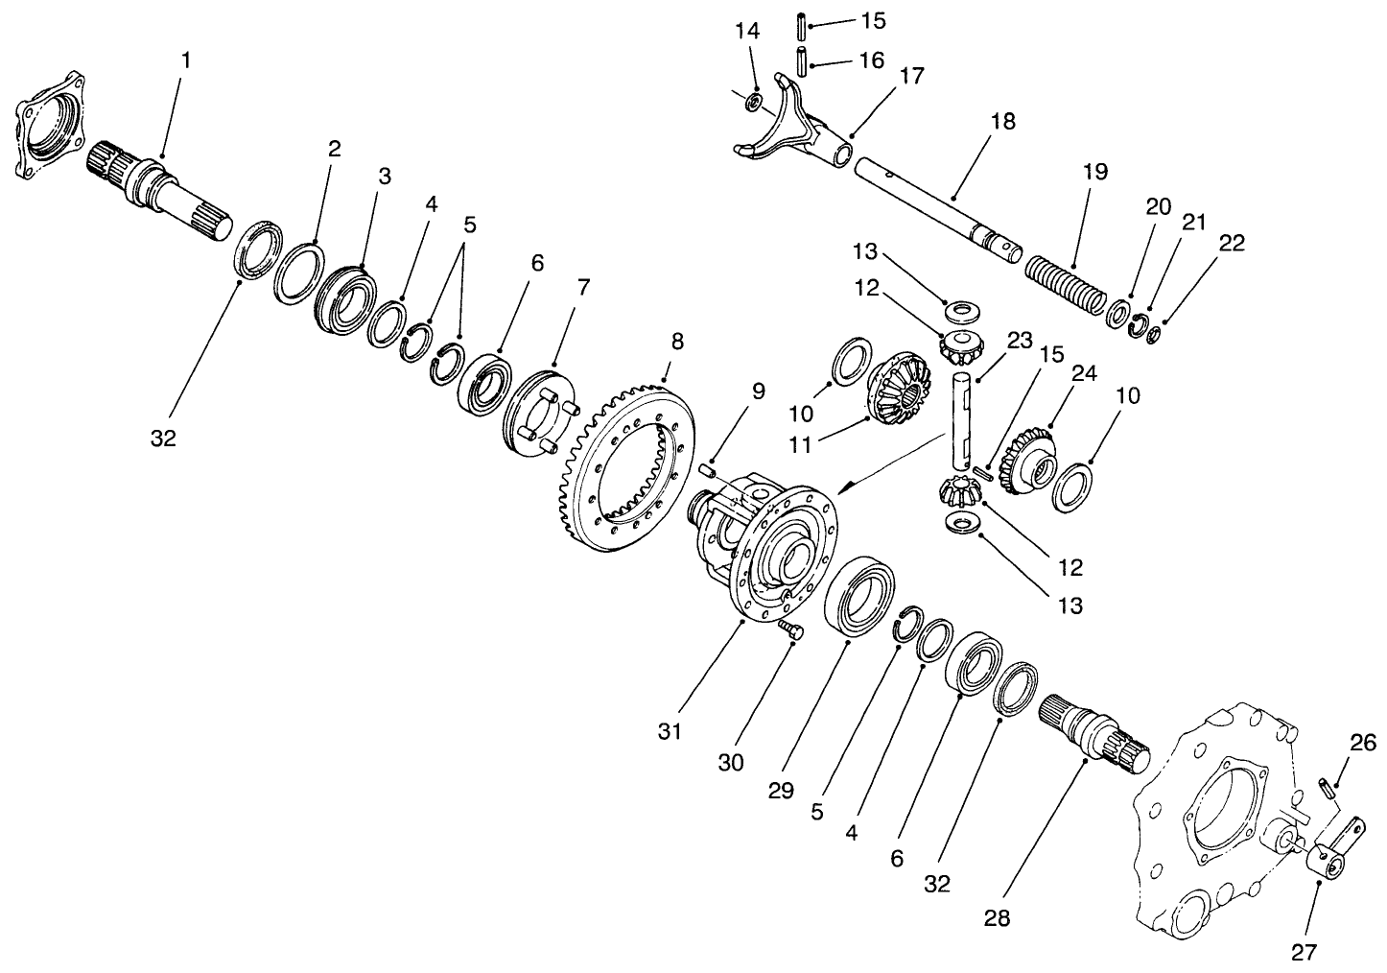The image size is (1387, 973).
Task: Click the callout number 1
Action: point(186,59)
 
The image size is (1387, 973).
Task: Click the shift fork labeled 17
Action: point(796,130)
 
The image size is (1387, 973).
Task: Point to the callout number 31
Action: point(670,731)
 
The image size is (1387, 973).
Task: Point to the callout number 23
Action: point(1019,340)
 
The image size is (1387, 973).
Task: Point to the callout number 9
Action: point(759,391)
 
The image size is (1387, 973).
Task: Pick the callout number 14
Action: point(747,32)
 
